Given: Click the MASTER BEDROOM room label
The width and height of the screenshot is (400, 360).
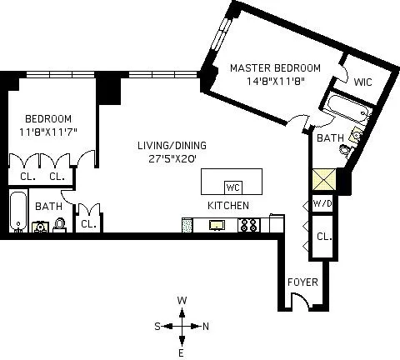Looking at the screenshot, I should (275, 67).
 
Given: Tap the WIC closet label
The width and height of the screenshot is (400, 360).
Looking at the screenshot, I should (362, 82).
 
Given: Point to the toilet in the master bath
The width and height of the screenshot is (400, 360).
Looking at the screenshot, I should (355, 137).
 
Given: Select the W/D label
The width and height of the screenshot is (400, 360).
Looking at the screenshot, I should (322, 204).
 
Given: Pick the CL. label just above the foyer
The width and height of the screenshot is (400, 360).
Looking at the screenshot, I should (323, 237).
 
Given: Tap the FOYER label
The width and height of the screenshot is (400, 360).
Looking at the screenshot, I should (302, 282).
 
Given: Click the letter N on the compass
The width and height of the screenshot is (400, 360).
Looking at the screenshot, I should (206, 326).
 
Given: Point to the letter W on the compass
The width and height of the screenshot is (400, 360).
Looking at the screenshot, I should (182, 301).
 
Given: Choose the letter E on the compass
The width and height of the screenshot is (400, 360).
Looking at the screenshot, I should (182, 352).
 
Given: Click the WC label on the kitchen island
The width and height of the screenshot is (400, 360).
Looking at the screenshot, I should (233, 186).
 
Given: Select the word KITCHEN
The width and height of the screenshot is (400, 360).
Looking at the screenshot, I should (227, 206).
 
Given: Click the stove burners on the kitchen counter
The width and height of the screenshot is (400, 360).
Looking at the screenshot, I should (247, 224).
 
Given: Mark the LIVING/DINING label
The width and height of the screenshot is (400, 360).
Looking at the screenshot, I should (172, 145).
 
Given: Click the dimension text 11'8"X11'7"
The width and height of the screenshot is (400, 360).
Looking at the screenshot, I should (47, 132).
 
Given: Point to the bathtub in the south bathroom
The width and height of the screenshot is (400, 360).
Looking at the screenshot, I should (17, 212).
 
